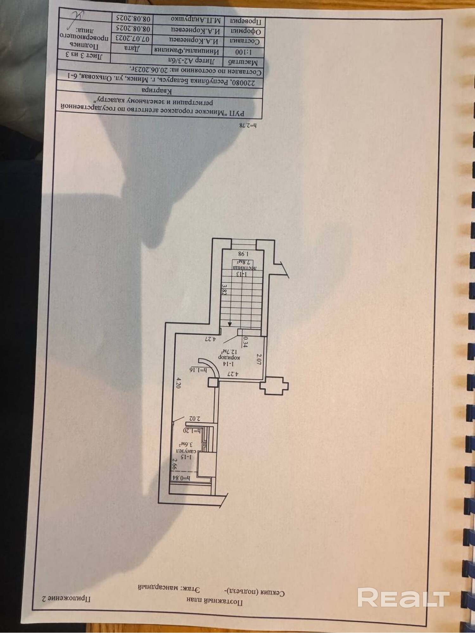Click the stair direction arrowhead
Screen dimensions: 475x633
[230, 324]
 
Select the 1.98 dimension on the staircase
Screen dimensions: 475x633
[243, 253]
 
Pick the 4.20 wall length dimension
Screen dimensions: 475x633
[178, 383]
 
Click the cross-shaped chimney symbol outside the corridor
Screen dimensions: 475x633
[274, 386]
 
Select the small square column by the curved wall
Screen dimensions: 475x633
[213, 382]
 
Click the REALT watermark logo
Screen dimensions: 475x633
[403, 597]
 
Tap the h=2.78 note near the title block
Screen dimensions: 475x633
[248, 125]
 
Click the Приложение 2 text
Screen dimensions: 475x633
[66, 599]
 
